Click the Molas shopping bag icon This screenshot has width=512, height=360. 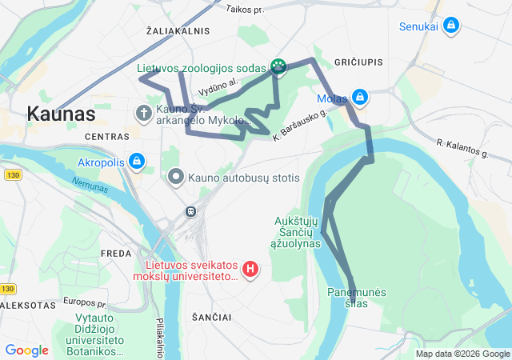point(359,98)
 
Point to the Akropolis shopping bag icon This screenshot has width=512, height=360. point(137,162)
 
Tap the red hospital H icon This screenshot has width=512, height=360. point(250,269)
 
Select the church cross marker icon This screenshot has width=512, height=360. point(144,113)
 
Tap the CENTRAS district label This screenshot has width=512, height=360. point(106,137)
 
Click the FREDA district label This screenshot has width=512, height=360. point(115,253)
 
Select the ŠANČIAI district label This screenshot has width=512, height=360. point(212,317)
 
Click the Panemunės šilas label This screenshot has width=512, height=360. point(358,297)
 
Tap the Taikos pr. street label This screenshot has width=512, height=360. point(245,10)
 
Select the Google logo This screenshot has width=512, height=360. point(27,350)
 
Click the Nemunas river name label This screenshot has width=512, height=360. point(88,186)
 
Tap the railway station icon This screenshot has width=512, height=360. point(191,211)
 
